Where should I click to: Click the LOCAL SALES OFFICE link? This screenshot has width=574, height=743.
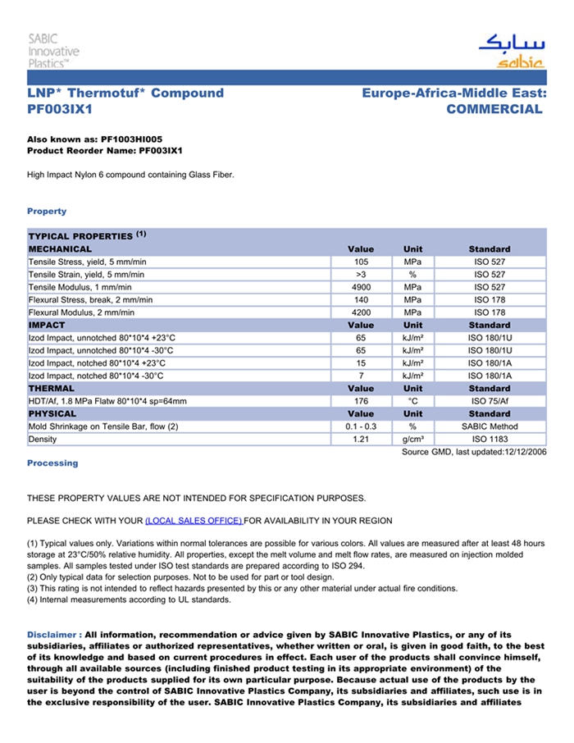pos(194,521)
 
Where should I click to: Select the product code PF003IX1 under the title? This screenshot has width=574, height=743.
pos(60,109)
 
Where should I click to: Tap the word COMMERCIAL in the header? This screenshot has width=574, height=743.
pos(494,109)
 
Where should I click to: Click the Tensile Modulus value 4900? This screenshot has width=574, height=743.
pos(361,287)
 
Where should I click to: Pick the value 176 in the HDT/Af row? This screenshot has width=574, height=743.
pos(361,401)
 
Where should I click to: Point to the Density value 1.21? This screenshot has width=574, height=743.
pos(361,440)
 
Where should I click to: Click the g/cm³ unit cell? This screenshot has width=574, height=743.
pos(412,440)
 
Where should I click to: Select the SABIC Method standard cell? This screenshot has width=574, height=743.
pos(490,426)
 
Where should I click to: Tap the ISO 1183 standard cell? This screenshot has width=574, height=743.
pos(490,440)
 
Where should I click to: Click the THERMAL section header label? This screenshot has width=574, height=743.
pos(52,389)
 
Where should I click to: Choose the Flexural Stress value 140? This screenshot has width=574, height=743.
pos(361,300)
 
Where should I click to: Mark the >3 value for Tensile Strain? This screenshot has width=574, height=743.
pos(361,275)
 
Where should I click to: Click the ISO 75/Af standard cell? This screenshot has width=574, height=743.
pos(490,401)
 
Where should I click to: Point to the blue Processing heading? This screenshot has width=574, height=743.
pos(52,463)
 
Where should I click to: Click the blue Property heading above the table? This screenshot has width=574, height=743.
pos(47,212)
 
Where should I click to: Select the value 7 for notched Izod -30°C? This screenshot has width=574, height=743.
pos(361,376)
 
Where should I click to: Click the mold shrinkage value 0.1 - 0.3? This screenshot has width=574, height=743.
pos(361,426)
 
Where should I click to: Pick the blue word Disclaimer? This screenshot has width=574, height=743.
pos(53,635)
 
